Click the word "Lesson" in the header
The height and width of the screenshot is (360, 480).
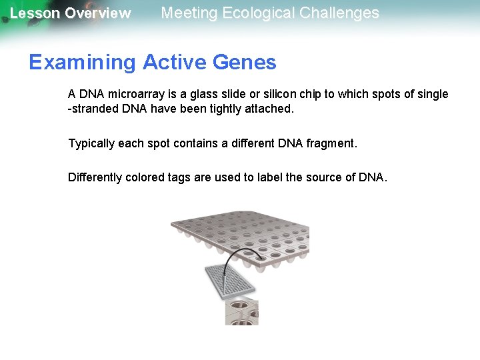34,13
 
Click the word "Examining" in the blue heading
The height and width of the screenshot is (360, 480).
82,63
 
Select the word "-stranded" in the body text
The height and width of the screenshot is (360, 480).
94,109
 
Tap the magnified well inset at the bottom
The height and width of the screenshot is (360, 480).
241,311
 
